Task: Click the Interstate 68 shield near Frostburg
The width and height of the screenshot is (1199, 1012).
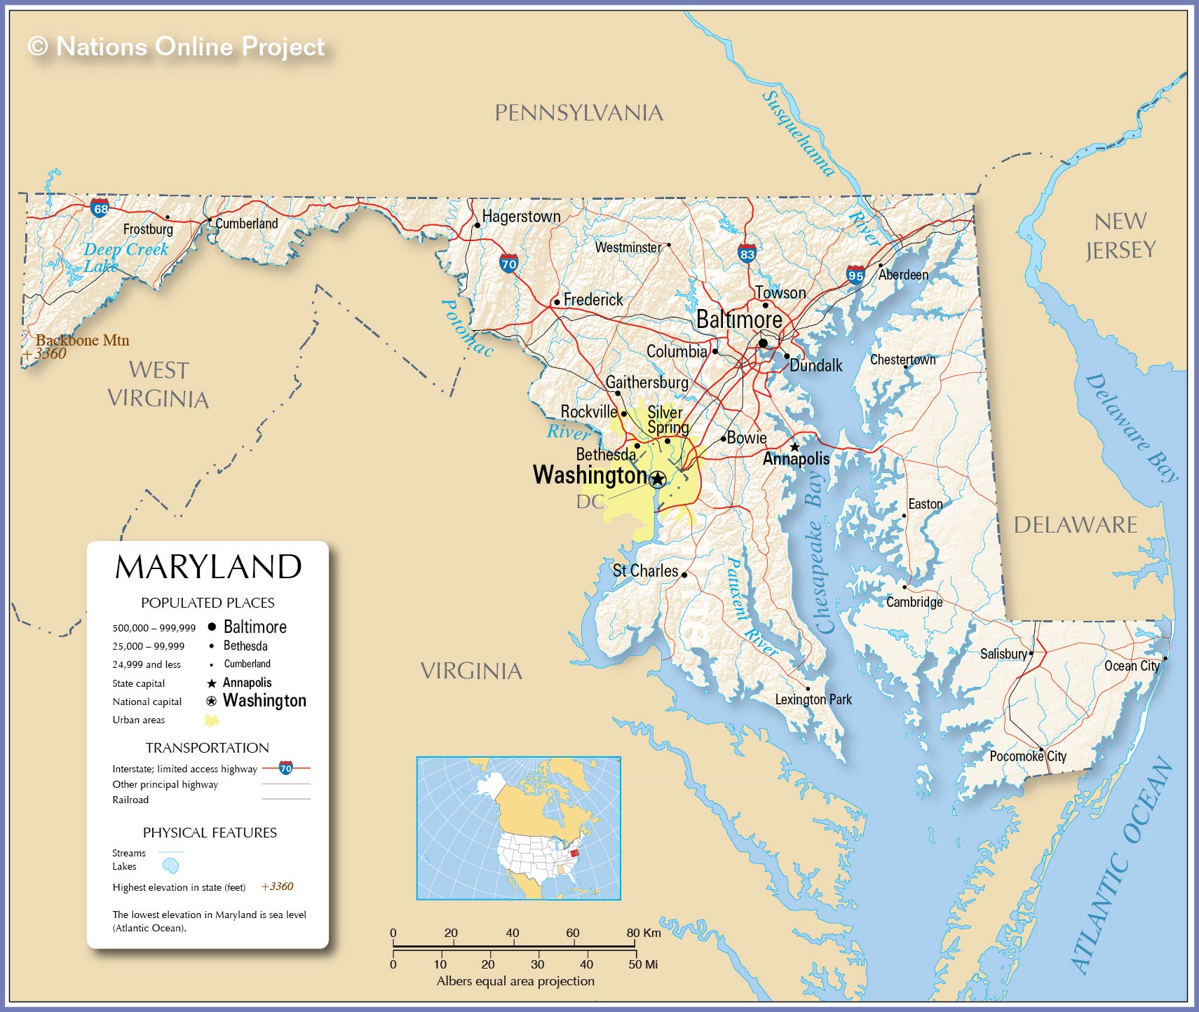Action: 100,208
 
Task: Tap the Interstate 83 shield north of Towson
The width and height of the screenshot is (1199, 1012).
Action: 747,254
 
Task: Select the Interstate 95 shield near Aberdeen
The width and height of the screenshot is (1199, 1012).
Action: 855,275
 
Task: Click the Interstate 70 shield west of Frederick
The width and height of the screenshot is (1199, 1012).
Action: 508,264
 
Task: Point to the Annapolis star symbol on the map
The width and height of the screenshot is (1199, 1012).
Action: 794,446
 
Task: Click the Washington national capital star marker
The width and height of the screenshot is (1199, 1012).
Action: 657,479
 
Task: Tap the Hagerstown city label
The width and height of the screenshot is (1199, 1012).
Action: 521,217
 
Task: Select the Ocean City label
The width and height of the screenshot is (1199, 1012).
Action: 1131,666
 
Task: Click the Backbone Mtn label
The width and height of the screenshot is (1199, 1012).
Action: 83,341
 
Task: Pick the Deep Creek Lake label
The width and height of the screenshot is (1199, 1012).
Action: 125,257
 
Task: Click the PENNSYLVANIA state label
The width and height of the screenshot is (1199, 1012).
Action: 578,113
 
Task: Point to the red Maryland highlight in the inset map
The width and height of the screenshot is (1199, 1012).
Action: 574,853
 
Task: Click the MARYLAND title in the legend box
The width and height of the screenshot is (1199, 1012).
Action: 208,567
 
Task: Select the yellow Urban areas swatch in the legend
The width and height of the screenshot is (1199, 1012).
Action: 212,720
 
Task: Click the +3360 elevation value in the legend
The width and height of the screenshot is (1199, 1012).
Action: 277,887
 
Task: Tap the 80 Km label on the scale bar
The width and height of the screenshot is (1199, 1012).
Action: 643,933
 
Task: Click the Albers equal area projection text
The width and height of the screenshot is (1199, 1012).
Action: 515,981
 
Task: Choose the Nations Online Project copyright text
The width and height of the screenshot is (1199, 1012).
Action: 176,46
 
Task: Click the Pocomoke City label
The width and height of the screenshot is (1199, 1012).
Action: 1027,756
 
